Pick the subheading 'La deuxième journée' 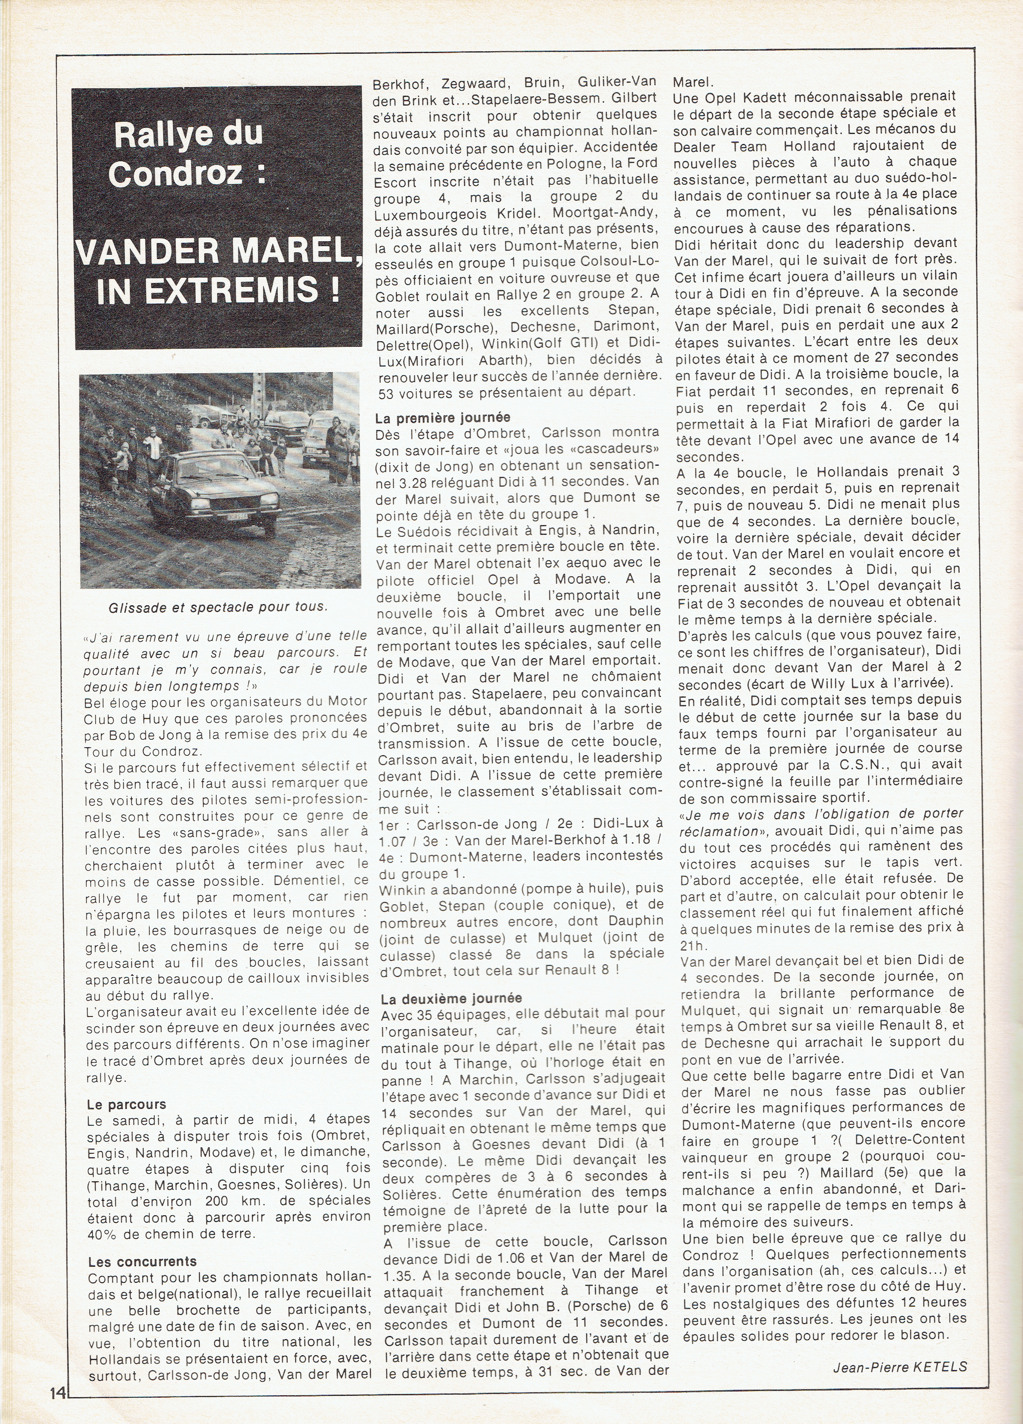[447, 998]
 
